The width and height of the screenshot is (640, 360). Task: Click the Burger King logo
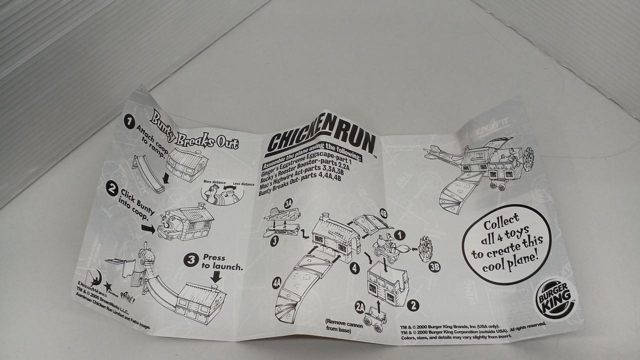click(555, 299)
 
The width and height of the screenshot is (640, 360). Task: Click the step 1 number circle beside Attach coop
click(129, 121)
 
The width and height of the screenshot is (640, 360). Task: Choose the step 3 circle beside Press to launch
click(190, 259)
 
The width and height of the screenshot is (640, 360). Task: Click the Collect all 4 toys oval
click(506, 243)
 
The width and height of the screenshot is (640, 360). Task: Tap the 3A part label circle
click(288, 203)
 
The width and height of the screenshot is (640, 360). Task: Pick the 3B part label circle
click(434, 266)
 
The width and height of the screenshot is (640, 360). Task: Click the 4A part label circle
click(276, 283)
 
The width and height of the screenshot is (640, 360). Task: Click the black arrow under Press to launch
click(216, 276)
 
